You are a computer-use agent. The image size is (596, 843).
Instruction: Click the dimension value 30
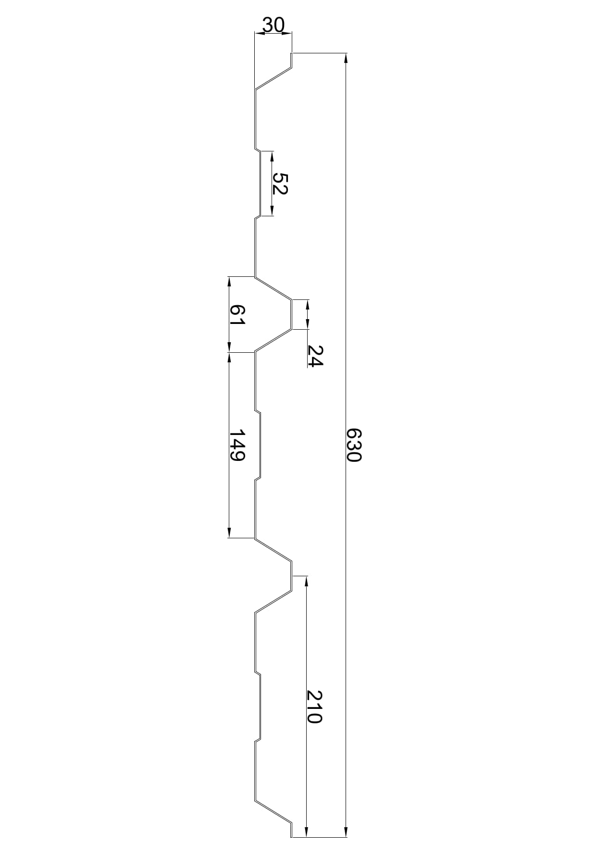point(273,25)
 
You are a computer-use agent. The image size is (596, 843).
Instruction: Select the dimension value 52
point(280,183)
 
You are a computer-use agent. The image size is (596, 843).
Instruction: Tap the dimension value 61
point(237,316)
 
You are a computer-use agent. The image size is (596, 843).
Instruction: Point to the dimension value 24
point(315,356)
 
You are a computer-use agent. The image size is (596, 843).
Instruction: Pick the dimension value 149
point(237,445)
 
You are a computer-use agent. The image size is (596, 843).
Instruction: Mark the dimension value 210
point(314,707)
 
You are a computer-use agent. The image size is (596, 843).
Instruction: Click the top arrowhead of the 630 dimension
point(346,58)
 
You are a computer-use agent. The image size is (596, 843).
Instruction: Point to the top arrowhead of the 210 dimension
point(307,581)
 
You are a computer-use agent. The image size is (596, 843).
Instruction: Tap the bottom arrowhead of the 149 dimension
point(229,533)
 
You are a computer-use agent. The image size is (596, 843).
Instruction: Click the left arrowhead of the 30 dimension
point(260,33)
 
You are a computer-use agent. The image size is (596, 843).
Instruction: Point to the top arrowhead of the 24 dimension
point(308,305)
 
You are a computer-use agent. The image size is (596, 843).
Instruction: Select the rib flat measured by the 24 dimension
point(292,314)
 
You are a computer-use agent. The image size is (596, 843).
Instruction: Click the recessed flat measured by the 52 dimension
point(260,184)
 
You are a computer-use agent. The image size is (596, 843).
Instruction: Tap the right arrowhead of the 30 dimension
point(286,33)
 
